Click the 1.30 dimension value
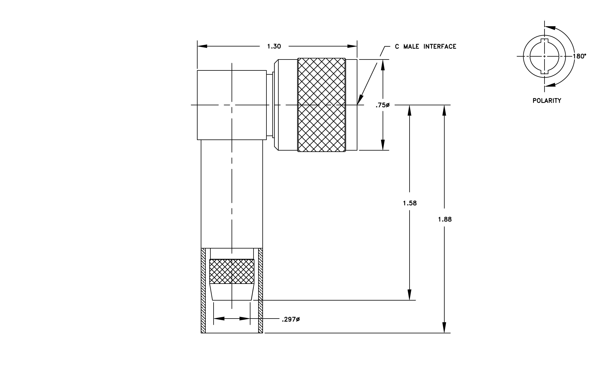click(274, 46)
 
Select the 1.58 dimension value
click(410, 203)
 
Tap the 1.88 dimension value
click(445, 220)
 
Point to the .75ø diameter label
click(382, 105)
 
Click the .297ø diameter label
click(291, 319)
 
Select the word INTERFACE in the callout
click(440, 46)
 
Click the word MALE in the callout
click(411, 46)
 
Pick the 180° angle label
click(580, 56)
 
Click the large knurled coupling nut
click(321, 105)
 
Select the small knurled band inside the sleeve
click(232, 271)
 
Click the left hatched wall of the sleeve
click(203, 291)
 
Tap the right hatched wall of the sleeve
click(260, 291)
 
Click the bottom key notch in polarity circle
click(544, 72)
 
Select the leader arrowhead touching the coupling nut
click(360, 100)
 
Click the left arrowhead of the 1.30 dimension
click(202, 46)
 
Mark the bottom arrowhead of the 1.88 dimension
click(444, 328)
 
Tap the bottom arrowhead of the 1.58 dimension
click(409, 295)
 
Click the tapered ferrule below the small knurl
click(232, 292)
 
